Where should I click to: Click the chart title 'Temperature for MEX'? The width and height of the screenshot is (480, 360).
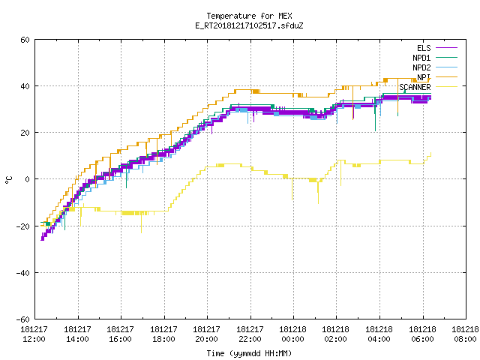249,16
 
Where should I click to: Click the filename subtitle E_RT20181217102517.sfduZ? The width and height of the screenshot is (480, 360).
249,25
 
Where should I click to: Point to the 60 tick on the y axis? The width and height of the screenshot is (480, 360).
25,40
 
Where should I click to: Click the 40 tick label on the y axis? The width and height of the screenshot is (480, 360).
25,86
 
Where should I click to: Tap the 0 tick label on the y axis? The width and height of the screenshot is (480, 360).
27,179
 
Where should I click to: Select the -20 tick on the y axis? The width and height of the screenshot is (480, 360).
23,226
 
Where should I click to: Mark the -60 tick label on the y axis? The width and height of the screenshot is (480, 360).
23,319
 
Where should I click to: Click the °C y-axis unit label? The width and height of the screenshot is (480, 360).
8,179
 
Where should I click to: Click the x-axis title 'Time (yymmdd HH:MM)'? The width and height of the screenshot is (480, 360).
249,353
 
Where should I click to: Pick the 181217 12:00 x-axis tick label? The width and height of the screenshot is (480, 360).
34,334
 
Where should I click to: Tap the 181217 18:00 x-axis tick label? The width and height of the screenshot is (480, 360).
163,334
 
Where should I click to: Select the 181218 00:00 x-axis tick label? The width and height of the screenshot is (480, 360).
292,334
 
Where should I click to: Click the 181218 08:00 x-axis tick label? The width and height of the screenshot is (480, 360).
465,334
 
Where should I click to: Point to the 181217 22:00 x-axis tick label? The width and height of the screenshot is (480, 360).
250,334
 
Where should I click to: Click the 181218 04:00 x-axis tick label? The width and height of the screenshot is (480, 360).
379,334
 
